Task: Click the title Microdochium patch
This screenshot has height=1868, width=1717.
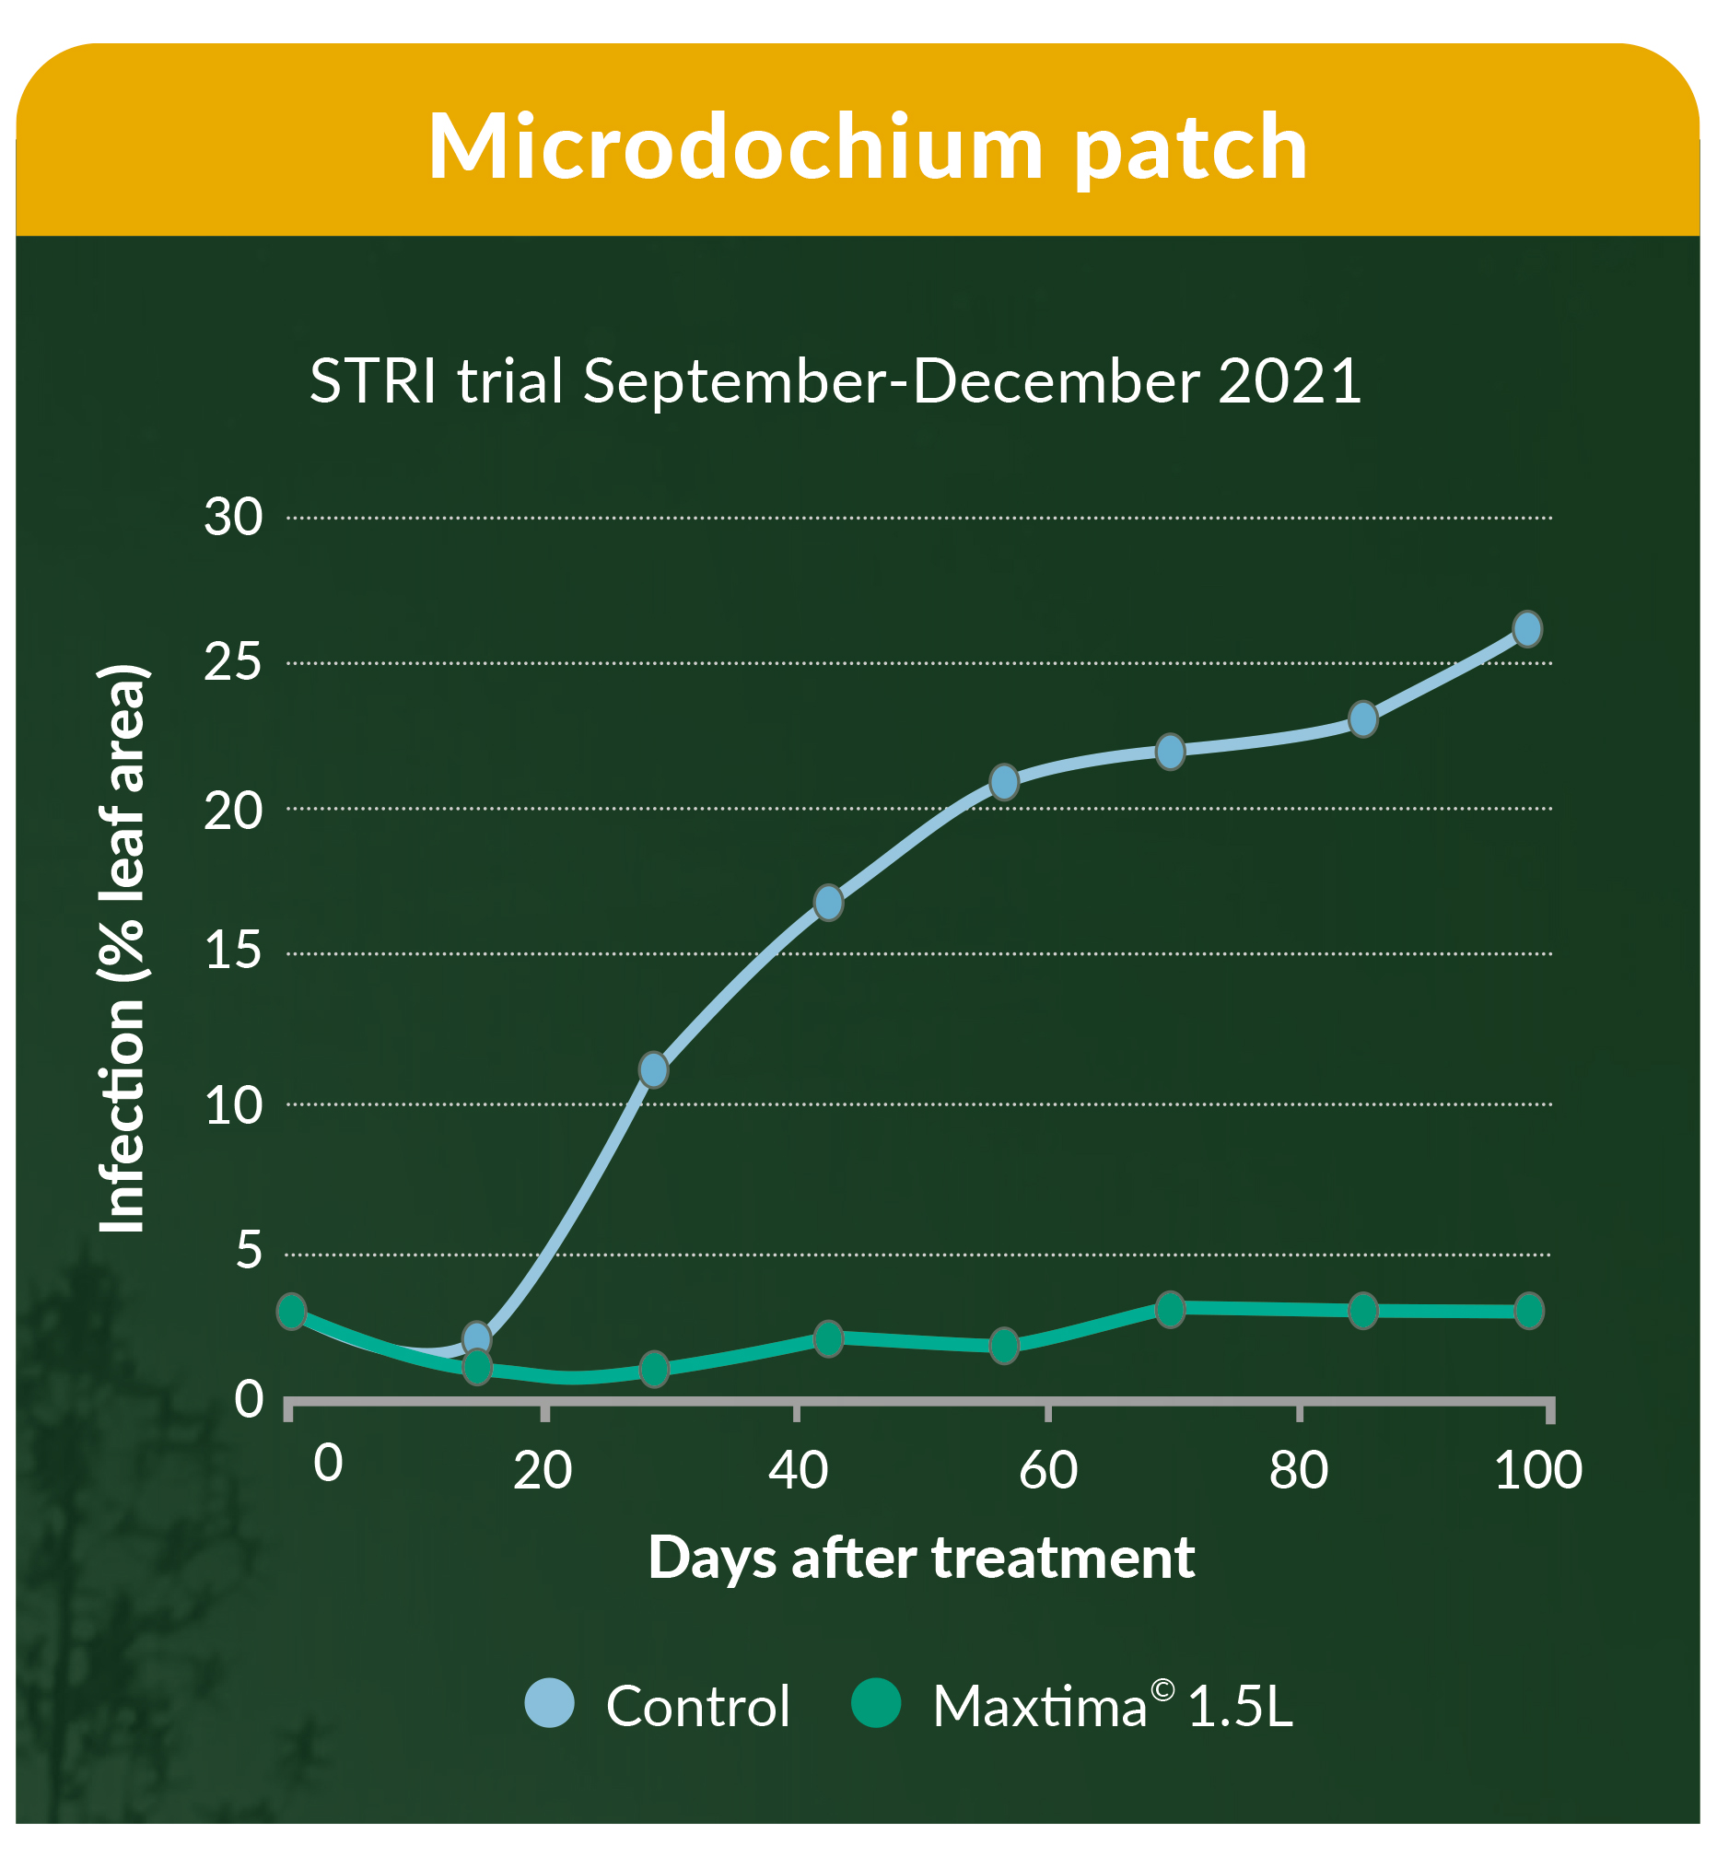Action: click(868, 146)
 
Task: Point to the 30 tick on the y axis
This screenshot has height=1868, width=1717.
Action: click(233, 518)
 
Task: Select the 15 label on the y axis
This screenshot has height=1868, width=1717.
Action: click(233, 952)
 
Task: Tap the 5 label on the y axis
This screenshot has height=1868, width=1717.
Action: click(249, 1250)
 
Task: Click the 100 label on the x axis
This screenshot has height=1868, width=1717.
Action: click(1537, 1470)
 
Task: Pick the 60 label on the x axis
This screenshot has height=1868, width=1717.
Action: click(1048, 1470)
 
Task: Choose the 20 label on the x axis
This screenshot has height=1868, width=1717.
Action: click(543, 1470)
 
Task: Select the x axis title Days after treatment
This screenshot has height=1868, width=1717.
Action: click(921, 1558)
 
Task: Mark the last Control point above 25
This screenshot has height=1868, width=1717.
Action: click(1527, 630)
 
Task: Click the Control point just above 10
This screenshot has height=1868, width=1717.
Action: click(654, 1070)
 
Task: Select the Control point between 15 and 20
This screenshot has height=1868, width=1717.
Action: click(829, 903)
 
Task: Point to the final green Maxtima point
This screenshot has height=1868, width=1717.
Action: click(1529, 1311)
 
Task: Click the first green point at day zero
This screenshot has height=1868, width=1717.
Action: click(292, 1312)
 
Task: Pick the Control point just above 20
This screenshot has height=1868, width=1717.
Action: click(1004, 782)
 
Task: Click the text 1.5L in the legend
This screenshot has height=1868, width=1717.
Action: click(1240, 1708)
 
